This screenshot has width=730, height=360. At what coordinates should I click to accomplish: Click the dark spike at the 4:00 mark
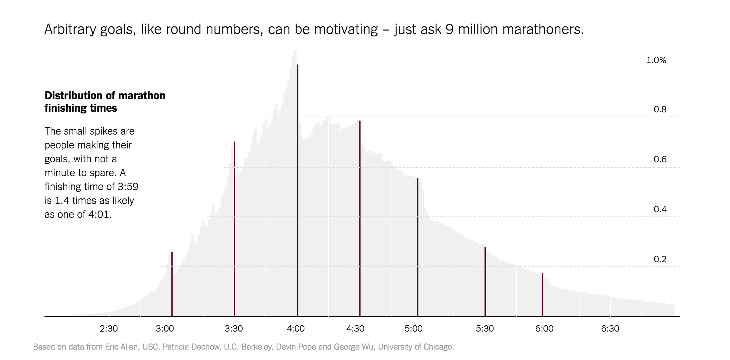pos(297,191)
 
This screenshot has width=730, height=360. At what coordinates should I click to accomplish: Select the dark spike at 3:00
pos(172,284)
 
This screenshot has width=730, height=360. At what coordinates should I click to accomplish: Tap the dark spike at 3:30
pos(235,229)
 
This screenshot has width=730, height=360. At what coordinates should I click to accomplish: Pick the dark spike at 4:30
pos(360,218)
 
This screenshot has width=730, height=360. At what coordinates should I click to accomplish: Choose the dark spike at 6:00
pos(542,295)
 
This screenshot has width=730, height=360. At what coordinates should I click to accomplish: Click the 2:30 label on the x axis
pos(109,328)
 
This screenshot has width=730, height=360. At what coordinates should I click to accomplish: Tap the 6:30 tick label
pos(610,328)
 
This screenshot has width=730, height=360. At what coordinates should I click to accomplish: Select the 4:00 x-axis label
pos(296,328)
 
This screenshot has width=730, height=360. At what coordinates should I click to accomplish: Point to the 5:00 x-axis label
pos(414,328)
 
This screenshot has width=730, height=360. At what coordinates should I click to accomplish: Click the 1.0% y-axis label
pos(656,60)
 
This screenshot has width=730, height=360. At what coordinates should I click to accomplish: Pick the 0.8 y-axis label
pos(660,110)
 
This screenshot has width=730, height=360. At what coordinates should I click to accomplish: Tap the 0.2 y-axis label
pos(660,259)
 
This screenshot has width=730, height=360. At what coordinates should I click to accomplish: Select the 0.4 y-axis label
pos(660,209)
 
